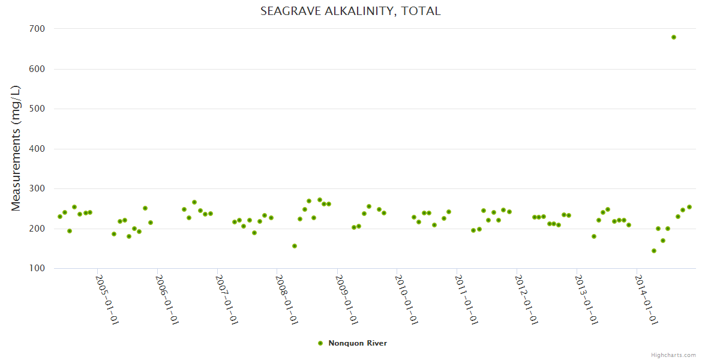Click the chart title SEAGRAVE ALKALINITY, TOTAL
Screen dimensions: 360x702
tap(350, 11)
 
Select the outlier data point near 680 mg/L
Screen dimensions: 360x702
tap(674, 37)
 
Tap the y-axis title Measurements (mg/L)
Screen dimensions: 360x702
tap(16, 148)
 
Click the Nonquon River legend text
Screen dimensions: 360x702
tap(358, 343)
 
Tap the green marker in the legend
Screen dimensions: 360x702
tap(320, 343)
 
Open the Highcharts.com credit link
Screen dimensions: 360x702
tap(673, 355)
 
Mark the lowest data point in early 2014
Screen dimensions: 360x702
tap(654, 251)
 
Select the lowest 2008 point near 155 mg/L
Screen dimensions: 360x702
tap(295, 246)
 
